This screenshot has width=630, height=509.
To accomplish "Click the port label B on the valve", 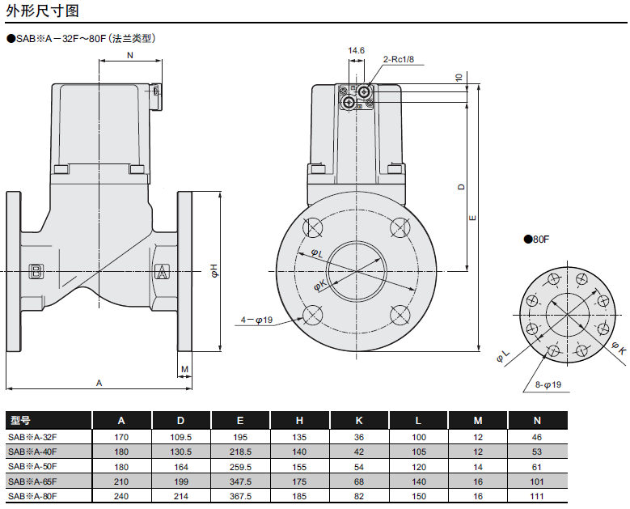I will [36, 271].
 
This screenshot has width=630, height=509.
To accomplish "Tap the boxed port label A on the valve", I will [162, 271].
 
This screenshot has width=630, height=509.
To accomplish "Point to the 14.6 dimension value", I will [356, 50].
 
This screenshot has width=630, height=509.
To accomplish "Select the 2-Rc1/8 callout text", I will [398, 59].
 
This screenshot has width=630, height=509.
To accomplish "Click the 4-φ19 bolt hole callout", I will [257, 320].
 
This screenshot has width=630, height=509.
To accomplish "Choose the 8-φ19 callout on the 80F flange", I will [548, 384].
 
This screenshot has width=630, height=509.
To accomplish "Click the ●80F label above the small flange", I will [536, 240].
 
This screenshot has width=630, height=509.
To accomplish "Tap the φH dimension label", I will [214, 271].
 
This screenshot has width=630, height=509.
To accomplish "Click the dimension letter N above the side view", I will [130, 55].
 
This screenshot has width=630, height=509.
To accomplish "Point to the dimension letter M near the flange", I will [184, 369].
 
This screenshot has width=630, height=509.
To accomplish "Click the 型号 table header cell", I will [21, 421].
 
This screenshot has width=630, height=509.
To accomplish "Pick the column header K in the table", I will [359, 421].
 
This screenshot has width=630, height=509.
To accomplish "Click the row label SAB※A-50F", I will [32, 466].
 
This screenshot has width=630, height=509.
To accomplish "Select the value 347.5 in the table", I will [240, 481].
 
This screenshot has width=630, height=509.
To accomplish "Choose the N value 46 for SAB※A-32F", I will [537, 437].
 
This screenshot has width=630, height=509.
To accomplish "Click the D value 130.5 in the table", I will [181, 452].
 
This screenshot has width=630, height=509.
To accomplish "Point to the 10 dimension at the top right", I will [459, 78].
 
